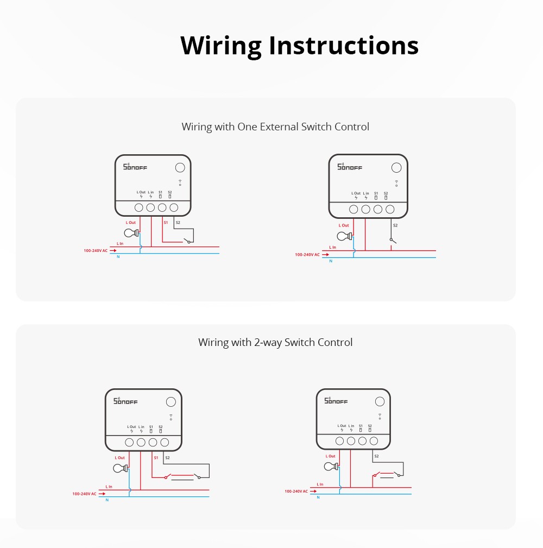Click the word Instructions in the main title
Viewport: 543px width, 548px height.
pyautogui.click(x=344, y=46)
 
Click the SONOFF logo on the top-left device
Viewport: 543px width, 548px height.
pyautogui.click(x=135, y=167)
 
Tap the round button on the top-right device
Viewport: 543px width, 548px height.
pyautogui.click(x=397, y=168)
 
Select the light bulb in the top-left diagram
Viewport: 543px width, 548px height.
pyautogui.click(x=130, y=233)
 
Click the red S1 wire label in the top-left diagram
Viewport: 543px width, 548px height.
pyautogui.click(x=166, y=223)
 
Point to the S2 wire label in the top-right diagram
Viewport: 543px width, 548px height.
pyautogui.click(x=395, y=225)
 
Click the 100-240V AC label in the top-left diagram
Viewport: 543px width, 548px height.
pyautogui.click(x=96, y=251)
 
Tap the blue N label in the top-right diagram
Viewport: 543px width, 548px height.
pyautogui.click(x=330, y=261)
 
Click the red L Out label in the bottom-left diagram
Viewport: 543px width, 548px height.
pyautogui.click(x=120, y=458)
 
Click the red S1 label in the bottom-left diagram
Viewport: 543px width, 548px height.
pyautogui.click(x=156, y=458)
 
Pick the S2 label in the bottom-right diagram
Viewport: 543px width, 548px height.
pyautogui.click(x=376, y=456)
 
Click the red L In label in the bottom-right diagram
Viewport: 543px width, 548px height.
pyautogui.click(x=320, y=484)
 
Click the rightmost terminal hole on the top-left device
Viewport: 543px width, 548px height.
pyautogui.click(x=174, y=207)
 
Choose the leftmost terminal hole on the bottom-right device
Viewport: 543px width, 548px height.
pyautogui.click(x=340, y=441)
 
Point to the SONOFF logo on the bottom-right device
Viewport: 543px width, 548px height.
pyautogui.click(x=336, y=401)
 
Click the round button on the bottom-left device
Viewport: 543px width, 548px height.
pyautogui.click(x=171, y=402)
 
